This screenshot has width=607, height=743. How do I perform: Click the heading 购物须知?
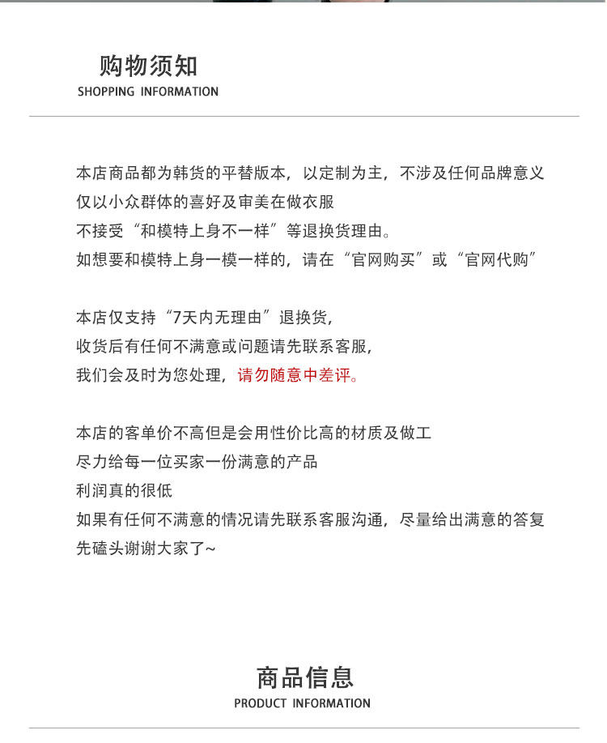pyautogui.click(x=148, y=66)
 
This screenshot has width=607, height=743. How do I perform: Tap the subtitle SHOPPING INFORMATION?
pyautogui.click(x=148, y=92)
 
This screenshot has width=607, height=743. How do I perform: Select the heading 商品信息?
pyautogui.click(x=305, y=677)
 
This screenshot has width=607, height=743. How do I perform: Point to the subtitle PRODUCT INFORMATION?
pyautogui.click(x=302, y=703)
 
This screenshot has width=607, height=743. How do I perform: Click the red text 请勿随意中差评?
pyautogui.click(x=297, y=376)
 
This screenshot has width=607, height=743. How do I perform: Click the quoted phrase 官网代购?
pyautogui.click(x=498, y=260)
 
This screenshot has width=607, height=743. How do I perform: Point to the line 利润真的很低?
pyautogui.click(x=124, y=491)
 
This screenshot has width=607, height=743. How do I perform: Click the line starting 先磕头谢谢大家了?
pyautogui.click(x=146, y=549)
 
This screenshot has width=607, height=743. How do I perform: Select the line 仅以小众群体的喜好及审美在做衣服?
pyautogui.click(x=205, y=202)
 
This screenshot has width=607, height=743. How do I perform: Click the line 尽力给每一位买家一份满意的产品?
pyautogui.click(x=197, y=462)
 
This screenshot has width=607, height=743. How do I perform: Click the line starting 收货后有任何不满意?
pyautogui.click(x=225, y=347)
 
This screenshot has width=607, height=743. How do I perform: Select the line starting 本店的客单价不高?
pyautogui.click(x=254, y=433)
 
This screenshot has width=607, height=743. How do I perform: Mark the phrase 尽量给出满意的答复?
pyautogui.click(x=473, y=519)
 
